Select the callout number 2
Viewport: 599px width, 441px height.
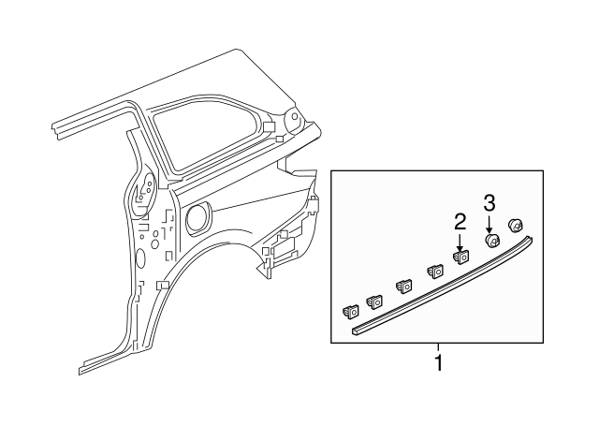[460, 222]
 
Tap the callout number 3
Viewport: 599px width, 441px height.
[489, 202]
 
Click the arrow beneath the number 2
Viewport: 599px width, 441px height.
[460, 242]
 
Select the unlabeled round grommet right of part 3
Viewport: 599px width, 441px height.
[514, 225]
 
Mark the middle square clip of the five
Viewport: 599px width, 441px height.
[405, 287]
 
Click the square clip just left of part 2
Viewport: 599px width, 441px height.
[435, 272]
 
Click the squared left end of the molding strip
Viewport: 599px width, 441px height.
[357, 330]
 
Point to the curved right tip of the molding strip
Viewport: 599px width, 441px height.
[532, 241]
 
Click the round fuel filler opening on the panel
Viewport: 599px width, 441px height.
[198, 218]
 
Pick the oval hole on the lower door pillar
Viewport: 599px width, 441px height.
[139, 258]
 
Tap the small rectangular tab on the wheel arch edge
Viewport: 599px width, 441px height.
[162, 283]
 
